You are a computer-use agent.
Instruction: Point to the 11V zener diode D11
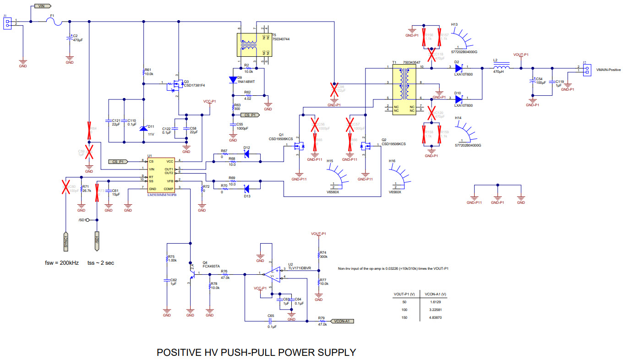coord(144,127)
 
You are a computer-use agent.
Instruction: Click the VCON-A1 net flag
coord(342,321)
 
